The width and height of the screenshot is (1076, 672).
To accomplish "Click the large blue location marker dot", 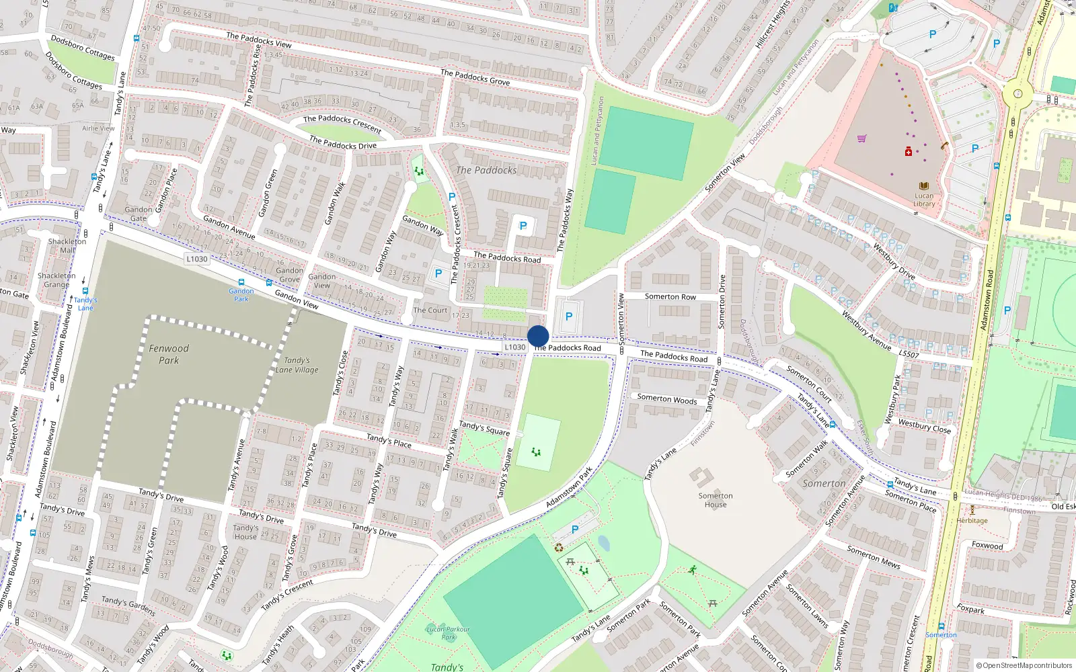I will pyautogui.click(x=538, y=336).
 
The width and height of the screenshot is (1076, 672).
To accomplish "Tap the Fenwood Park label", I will pyautogui.click(x=169, y=354).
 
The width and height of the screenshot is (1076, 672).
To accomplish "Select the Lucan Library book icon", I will pyautogui.click(x=924, y=186).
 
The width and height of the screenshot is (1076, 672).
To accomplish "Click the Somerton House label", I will pyautogui.click(x=716, y=500).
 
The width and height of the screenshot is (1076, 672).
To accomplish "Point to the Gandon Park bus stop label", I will pyautogui.click(x=241, y=294).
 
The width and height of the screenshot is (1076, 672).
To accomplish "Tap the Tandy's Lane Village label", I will pyautogui.click(x=297, y=365).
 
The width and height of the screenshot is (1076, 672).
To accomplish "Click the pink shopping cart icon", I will pyautogui.click(x=861, y=139).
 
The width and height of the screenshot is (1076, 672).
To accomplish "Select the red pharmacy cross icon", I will pyautogui.click(x=909, y=152).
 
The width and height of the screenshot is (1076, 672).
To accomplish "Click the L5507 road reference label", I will pyautogui.click(x=909, y=353).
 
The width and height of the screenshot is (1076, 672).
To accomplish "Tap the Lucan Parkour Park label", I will pyautogui.click(x=448, y=633).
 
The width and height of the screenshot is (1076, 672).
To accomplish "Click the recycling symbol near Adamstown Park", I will pyautogui.click(x=558, y=548).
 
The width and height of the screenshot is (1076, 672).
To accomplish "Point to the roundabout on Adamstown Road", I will pyautogui.click(x=1017, y=94).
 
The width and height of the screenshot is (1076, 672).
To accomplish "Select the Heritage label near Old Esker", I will pyautogui.click(x=972, y=520).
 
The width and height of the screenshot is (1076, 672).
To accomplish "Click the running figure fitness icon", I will pyautogui.click(x=692, y=570).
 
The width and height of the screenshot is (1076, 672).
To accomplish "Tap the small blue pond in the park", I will pyautogui.click(x=603, y=543).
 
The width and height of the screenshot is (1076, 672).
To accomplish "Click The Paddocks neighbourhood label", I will pyautogui.click(x=486, y=170).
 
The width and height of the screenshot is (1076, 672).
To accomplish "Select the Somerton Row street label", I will pyautogui.click(x=670, y=296).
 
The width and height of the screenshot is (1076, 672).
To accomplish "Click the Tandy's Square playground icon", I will pyautogui.click(x=536, y=452).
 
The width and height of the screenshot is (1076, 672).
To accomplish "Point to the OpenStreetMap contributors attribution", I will pyautogui.click(x=1024, y=665).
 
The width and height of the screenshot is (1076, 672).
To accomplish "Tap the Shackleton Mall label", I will pyautogui.click(x=67, y=245).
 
